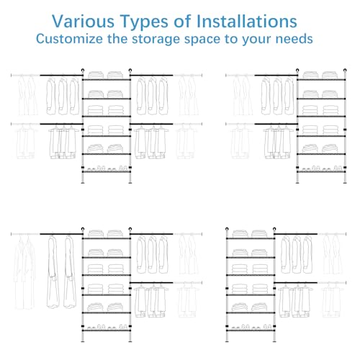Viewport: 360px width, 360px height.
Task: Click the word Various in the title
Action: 83,22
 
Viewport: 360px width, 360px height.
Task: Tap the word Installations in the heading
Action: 247,22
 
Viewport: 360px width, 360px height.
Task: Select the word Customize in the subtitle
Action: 69,39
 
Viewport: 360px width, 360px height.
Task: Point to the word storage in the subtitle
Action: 156,39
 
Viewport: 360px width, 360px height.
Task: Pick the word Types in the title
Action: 144,22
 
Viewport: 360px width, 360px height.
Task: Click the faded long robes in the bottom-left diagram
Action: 24,272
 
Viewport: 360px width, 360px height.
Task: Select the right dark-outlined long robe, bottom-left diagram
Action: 70,271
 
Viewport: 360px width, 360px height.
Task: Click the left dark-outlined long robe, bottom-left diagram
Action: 53,271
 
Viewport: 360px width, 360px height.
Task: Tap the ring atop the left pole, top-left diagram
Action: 83,71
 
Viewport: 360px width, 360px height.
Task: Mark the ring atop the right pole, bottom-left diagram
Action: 130,229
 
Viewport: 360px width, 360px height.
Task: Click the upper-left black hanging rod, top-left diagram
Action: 61,76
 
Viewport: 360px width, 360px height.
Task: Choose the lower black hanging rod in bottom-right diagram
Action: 296,283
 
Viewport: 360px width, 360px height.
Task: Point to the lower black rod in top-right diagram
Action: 276,124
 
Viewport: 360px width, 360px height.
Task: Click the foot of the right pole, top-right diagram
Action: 345,183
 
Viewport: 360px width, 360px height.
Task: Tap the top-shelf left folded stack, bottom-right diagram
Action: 240,233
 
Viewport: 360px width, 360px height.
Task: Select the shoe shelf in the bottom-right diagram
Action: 251,330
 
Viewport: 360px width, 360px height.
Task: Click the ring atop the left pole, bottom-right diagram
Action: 227,229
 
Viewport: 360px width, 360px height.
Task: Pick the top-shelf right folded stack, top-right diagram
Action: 330,75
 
